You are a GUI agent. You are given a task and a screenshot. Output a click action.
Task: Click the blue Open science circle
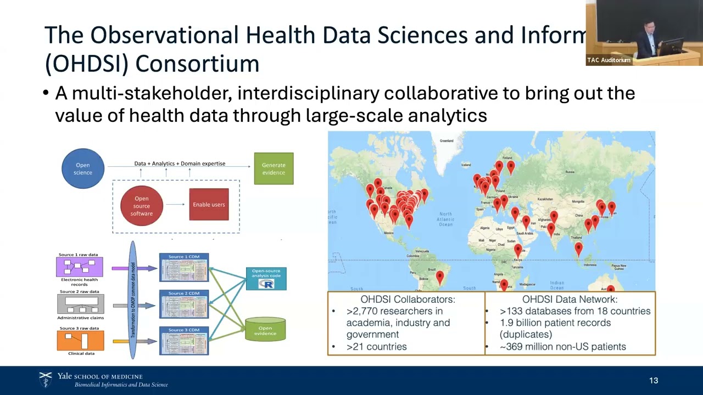(x=83, y=168)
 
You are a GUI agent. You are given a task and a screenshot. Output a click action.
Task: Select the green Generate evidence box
(x=274, y=168)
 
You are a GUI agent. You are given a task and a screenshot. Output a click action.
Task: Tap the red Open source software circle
(x=142, y=206)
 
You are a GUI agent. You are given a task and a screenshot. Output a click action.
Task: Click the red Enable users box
(x=209, y=205)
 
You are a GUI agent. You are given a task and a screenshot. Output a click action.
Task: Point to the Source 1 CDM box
(x=184, y=267)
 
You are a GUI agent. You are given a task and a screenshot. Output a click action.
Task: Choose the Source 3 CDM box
(x=184, y=341)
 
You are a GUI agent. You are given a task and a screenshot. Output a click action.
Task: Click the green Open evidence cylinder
(x=265, y=330)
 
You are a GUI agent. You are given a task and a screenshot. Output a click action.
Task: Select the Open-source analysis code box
(x=266, y=279)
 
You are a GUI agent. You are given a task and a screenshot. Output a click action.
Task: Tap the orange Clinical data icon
(x=80, y=341)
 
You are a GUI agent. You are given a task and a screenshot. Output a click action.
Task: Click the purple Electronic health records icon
(x=80, y=267)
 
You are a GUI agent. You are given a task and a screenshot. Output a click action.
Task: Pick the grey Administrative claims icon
(x=80, y=304)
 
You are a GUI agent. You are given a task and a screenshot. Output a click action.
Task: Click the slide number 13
(x=654, y=381)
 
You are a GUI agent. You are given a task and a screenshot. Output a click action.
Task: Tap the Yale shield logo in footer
(x=46, y=380)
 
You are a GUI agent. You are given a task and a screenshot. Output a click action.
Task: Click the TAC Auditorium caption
(x=609, y=60)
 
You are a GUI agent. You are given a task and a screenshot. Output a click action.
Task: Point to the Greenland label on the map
(x=447, y=141)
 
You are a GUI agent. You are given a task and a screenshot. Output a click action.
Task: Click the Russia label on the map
(x=570, y=172)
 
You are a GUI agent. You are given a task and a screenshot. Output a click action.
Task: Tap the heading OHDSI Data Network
(x=570, y=300)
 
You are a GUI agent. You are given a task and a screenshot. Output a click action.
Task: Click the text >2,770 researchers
(x=394, y=311)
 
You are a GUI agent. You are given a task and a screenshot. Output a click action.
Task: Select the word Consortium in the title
(x=197, y=64)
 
